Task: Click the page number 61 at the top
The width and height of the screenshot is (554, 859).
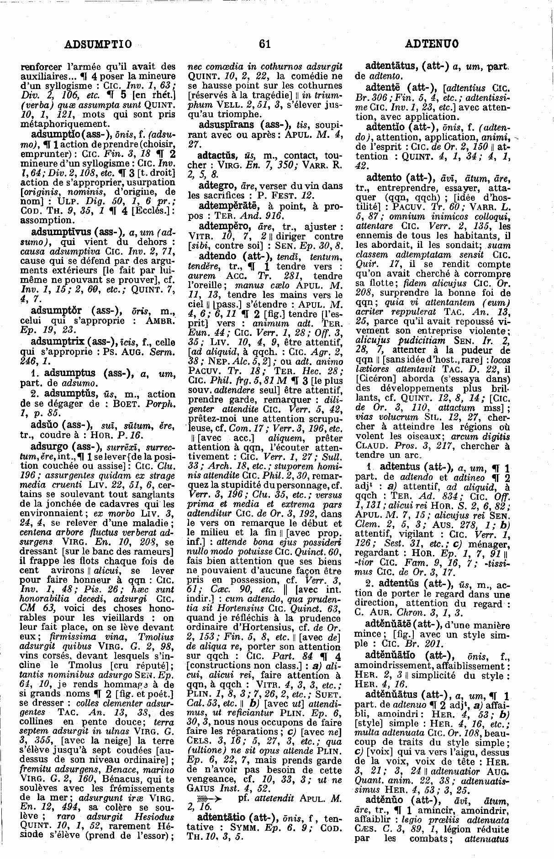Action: [265, 44]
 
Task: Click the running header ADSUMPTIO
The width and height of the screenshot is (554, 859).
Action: [99, 44]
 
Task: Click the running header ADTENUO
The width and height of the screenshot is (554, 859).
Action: [432, 44]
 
